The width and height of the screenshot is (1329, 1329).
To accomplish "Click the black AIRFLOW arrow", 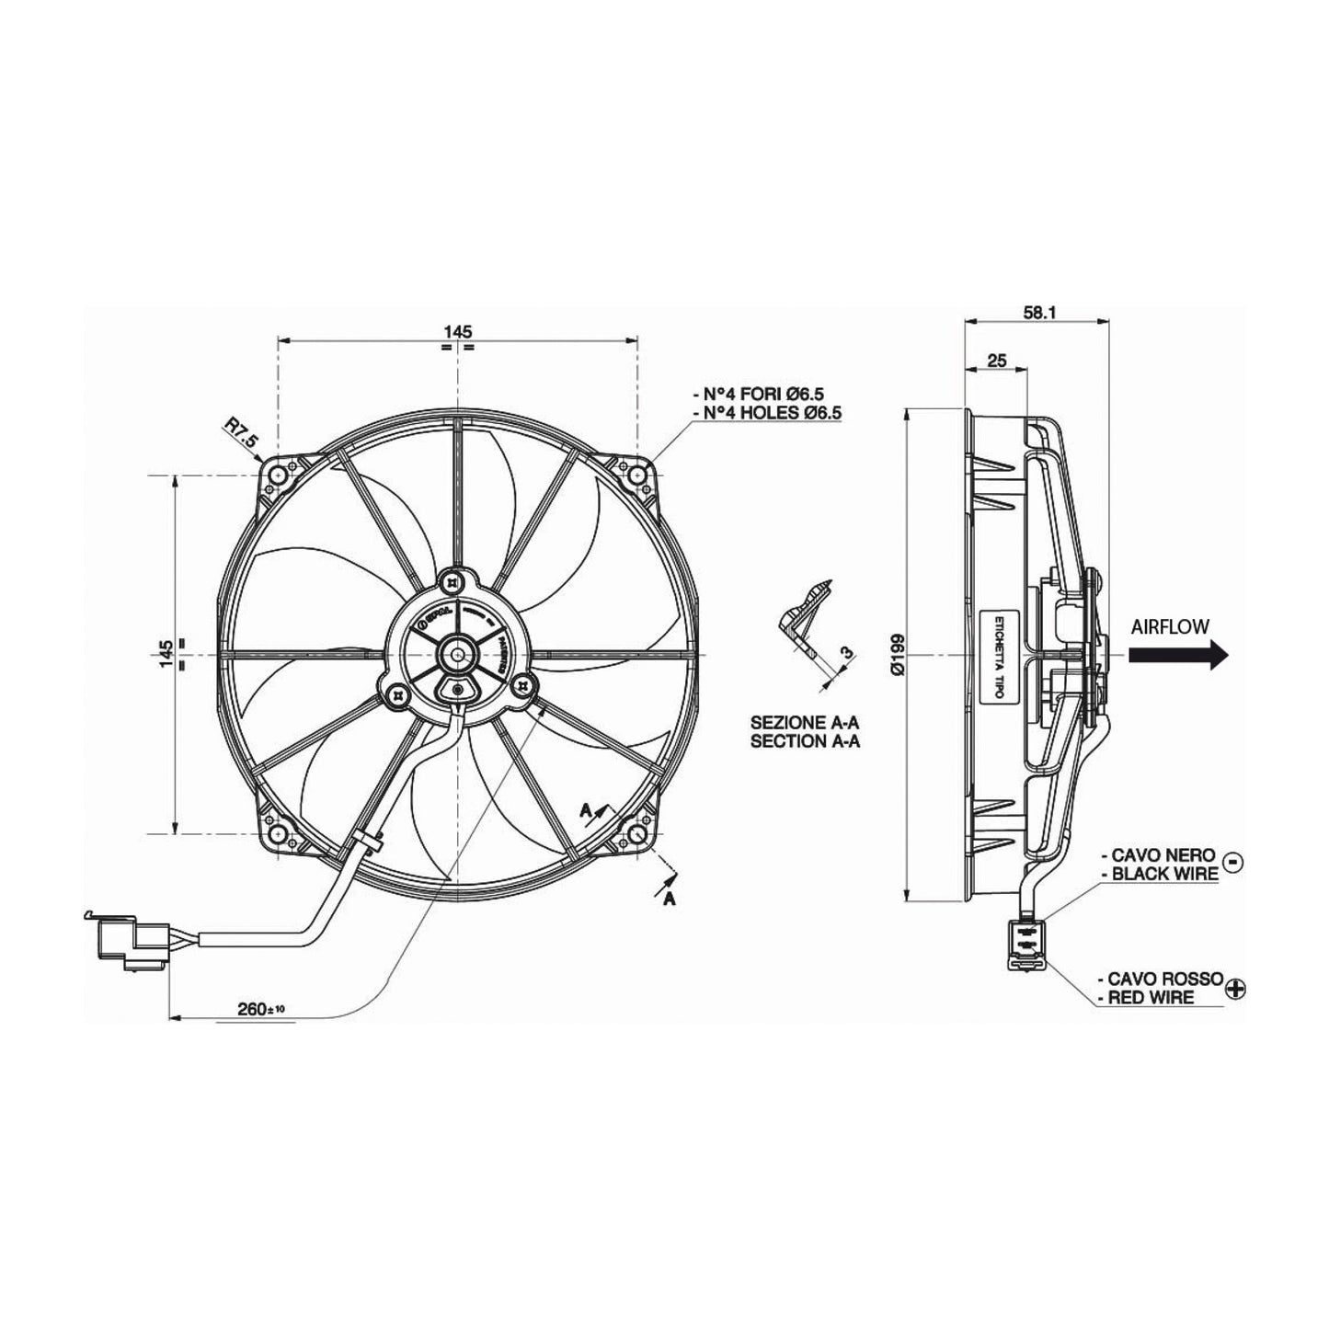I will point(1178,655).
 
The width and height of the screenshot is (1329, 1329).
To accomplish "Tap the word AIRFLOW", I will point(1170,626).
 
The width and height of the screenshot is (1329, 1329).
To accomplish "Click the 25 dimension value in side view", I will point(995,360).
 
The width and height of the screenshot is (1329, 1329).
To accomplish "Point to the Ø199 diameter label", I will point(898,654).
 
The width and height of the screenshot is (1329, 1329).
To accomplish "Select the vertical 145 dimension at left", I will point(165,655).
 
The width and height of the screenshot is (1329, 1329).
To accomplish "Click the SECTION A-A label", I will point(805,741).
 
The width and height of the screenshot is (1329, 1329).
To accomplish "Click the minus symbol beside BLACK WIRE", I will point(1234,862).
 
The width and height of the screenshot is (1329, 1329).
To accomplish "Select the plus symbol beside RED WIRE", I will point(1238,989).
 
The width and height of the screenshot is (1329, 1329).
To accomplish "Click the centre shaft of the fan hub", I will point(457,655).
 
